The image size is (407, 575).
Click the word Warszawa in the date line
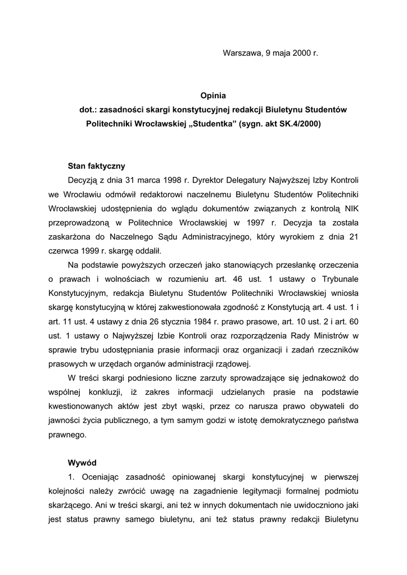(242, 53)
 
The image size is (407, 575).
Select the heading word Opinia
(213, 96)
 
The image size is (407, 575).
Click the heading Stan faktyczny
(96, 166)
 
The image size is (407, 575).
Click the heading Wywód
(82, 463)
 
